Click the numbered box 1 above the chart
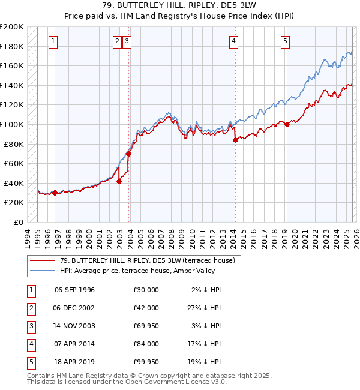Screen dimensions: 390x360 coord(53,41)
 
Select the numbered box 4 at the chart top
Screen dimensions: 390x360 coord(233,41)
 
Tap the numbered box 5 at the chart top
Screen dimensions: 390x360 coord(285,41)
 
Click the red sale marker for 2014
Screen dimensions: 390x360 coord(235,140)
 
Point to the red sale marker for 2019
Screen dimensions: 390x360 coord(287,124)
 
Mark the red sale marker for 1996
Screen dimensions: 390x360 coord(55,193)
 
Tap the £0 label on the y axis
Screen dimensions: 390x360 coord(18,222)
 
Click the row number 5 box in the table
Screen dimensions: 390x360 coord(29,361)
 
